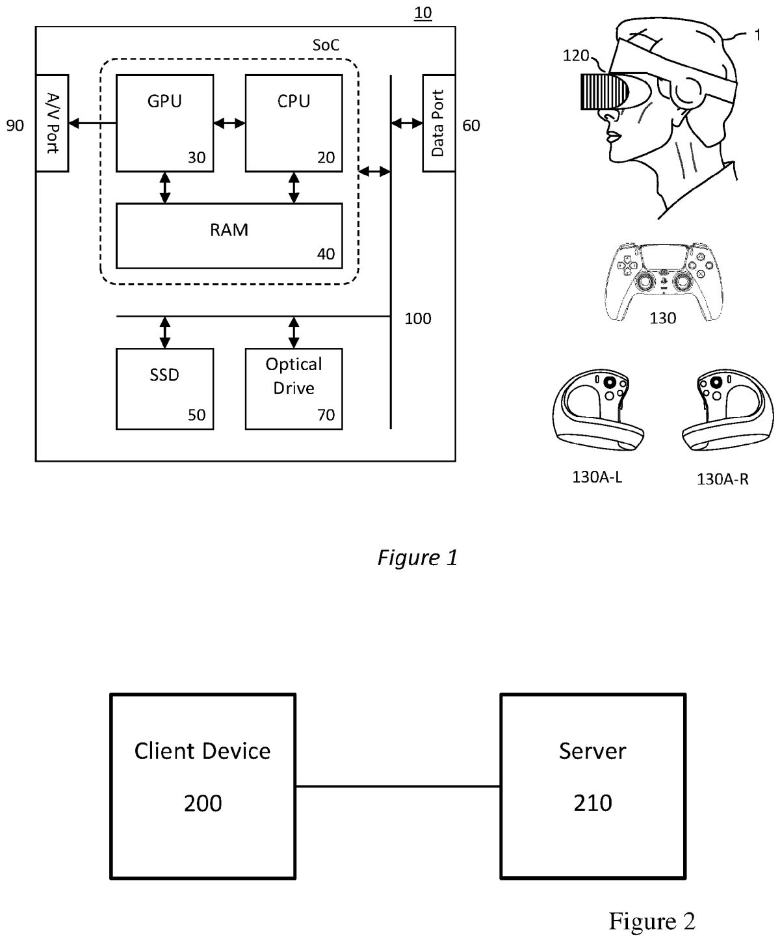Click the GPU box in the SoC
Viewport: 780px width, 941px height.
coord(164,123)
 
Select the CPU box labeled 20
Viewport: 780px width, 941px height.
coord(294,123)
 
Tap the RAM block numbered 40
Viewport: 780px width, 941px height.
coord(229,235)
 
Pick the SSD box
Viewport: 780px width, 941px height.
coord(164,388)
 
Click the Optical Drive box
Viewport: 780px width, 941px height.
coord(294,388)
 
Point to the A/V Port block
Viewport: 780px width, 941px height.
coord(52,123)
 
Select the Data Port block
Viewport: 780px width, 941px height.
coord(439,123)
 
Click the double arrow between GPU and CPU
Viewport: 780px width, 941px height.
coord(229,122)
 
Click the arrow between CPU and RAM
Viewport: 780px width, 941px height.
coord(294,188)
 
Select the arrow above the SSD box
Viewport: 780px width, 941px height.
coord(164,332)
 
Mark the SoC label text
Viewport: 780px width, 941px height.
coord(326,46)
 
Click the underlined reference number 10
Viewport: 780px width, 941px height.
coord(422,13)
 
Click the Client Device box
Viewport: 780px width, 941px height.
coord(203,786)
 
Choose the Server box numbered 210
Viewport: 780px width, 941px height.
coord(593,786)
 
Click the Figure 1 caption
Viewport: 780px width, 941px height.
coord(417,557)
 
